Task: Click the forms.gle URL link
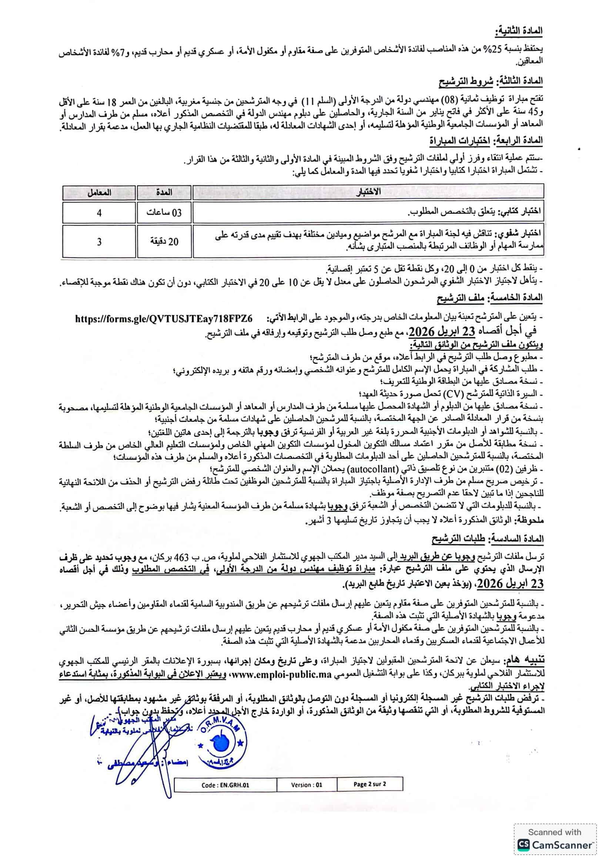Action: [164, 318]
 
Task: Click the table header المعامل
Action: [99, 192]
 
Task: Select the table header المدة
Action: [164, 192]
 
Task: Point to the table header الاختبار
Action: [368, 192]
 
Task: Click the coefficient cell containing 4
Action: [99, 213]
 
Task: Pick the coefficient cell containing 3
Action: [99, 241]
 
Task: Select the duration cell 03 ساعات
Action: [164, 213]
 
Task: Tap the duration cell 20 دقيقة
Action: [164, 241]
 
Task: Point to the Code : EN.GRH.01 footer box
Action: [225, 785]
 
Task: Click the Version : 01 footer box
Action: [306, 785]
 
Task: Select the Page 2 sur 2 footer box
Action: [369, 784]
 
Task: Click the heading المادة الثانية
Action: [521, 31]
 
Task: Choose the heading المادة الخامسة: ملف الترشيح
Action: [490, 298]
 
